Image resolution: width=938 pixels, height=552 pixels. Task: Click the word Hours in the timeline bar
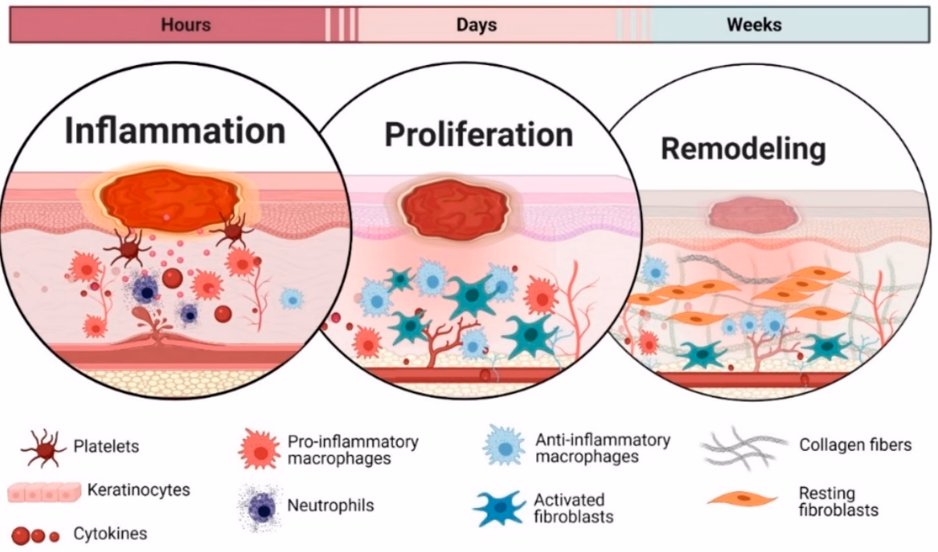pos(186,25)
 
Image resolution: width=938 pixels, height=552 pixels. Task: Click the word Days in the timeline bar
pos(476,25)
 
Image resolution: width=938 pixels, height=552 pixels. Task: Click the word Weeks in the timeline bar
pos(754,24)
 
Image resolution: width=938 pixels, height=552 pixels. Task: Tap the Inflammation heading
pos(175,130)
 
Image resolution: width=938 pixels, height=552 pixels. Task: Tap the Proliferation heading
pos(479,135)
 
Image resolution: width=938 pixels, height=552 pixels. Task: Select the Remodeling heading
pos(743,149)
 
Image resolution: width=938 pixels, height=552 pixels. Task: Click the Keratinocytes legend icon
pos(44,492)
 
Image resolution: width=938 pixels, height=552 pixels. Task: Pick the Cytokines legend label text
pos(110,533)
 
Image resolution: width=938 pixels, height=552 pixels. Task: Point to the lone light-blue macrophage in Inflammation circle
pos(292,299)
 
